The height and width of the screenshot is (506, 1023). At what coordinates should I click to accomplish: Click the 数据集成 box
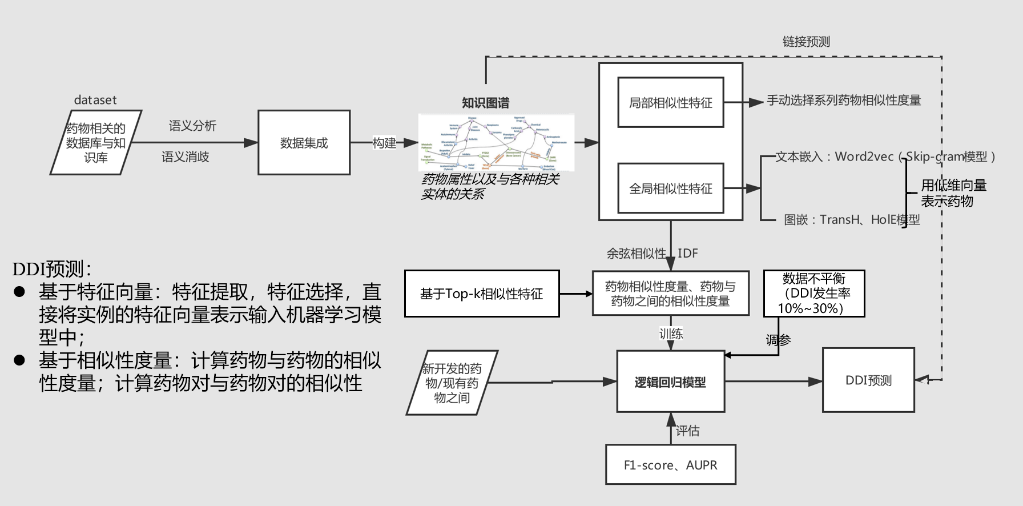pyautogui.click(x=304, y=143)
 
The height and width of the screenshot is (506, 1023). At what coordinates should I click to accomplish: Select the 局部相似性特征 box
pyautogui.click(x=670, y=103)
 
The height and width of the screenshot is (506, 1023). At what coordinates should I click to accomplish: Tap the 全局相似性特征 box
pyautogui.click(x=670, y=188)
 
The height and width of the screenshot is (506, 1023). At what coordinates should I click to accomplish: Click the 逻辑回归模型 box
pyautogui.click(x=670, y=381)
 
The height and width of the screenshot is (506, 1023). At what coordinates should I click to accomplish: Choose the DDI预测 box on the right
pyautogui.click(x=868, y=380)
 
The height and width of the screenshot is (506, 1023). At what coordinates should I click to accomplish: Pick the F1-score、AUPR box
pyautogui.click(x=670, y=465)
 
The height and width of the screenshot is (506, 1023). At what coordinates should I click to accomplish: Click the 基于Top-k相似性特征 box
pyautogui.click(x=481, y=294)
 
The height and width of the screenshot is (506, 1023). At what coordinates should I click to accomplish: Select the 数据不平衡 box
pyautogui.click(x=813, y=294)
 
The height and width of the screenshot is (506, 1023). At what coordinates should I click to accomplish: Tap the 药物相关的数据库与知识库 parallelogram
pyautogui.click(x=95, y=143)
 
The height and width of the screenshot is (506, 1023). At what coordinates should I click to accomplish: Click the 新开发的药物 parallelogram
pyautogui.click(x=452, y=383)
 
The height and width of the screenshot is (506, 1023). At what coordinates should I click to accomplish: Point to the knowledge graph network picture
pyautogui.click(x=496, y=143)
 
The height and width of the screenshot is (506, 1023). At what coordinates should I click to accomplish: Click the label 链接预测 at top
pyautogui.click(x=806, y=42)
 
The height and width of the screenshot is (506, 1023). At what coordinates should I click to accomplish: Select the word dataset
pyautogui.click(x=95, y=100)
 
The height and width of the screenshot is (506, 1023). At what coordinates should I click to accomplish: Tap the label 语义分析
pyautogui.click(x=192, y=126)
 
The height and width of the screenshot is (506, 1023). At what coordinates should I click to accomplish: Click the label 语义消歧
pyautogui.click(x=185, y=156)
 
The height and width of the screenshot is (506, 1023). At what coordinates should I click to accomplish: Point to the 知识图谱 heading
pyautogui.click(x=485, y=103)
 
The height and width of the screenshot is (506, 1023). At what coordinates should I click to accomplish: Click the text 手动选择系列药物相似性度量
pyautogui.click(x=843, y=101)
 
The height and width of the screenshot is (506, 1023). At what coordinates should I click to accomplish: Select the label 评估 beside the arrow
pyautogui.click(x=687, y=431)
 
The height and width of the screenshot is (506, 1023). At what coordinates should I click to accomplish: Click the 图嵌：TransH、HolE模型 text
pyautogui.click(x=851, y=220)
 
